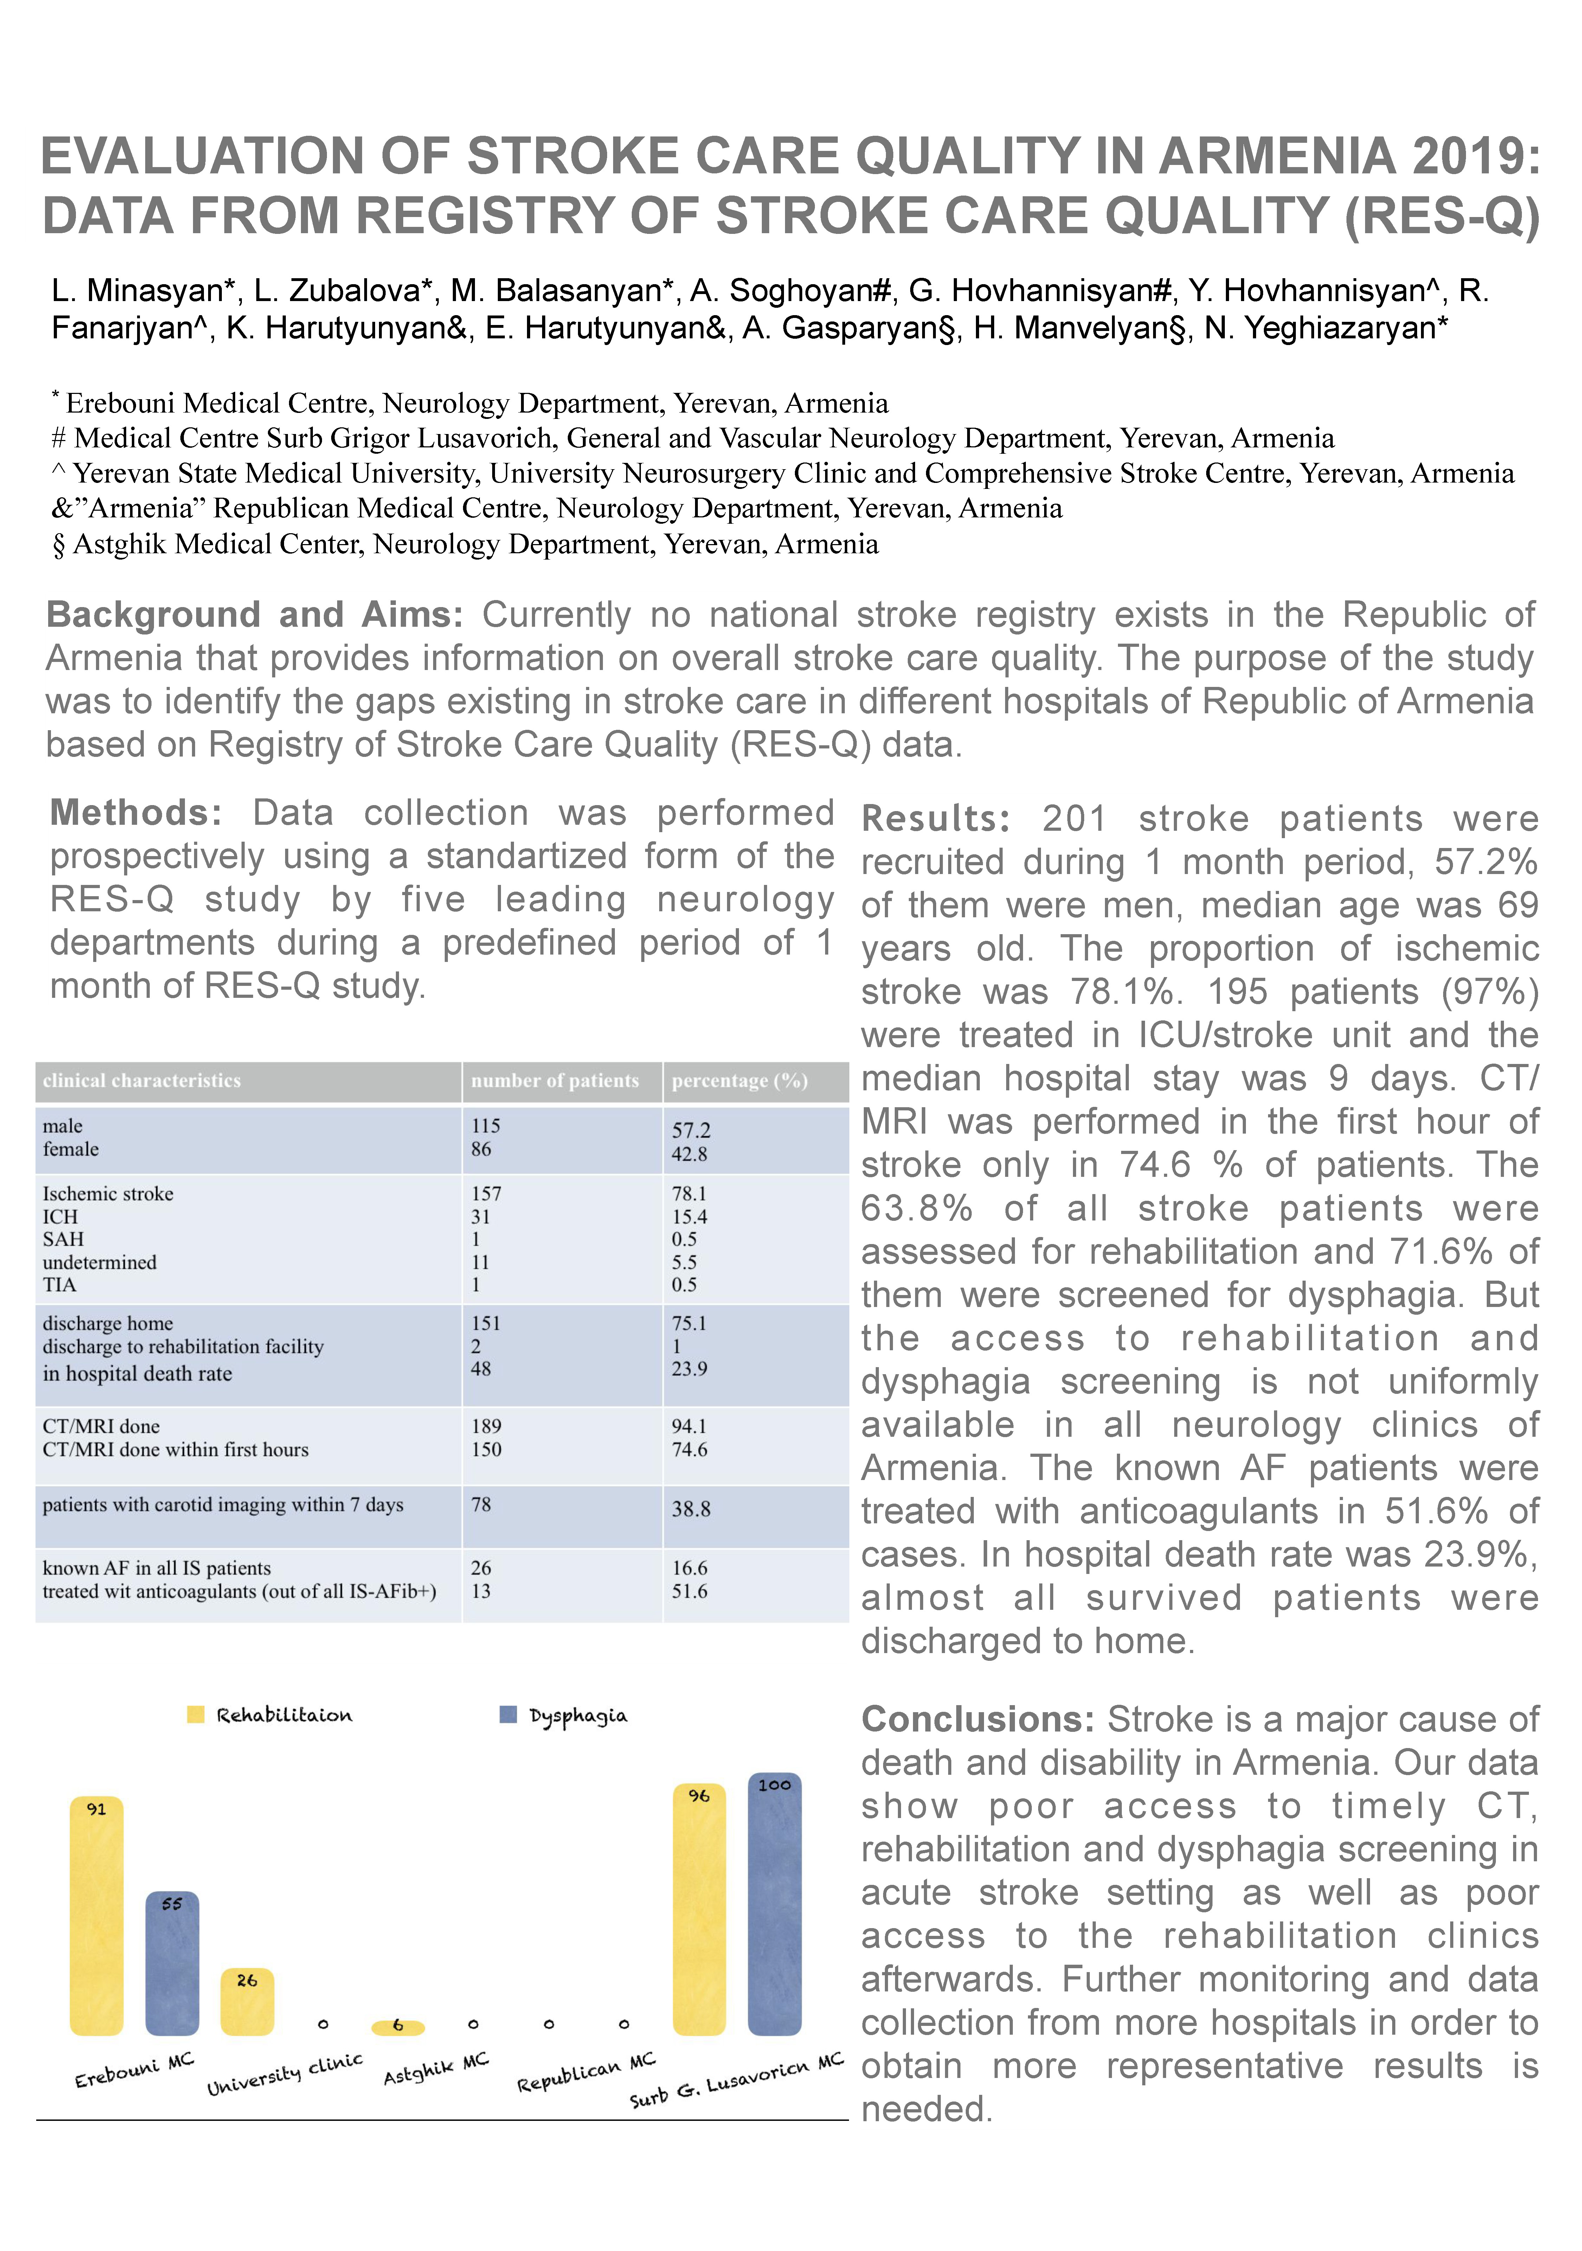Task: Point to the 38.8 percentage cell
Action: [x=691, y=1509]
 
